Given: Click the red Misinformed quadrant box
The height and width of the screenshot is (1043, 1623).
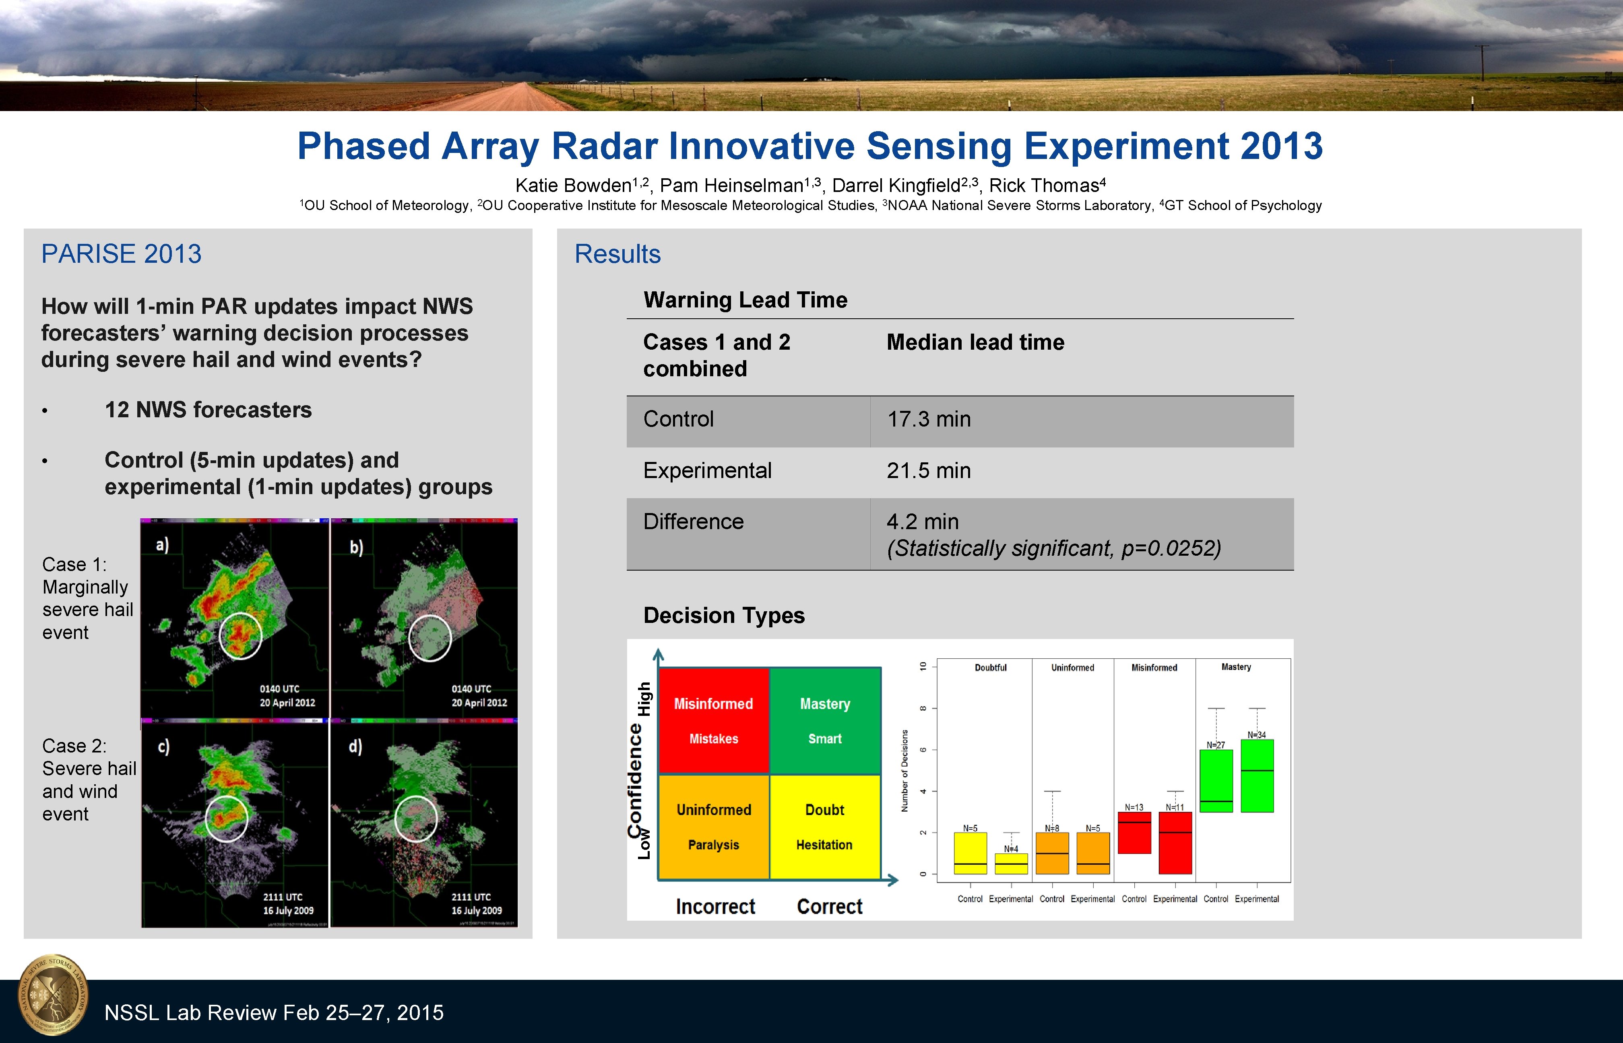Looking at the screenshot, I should (713, 721).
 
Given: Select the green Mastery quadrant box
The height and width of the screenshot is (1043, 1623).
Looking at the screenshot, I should (824, 721).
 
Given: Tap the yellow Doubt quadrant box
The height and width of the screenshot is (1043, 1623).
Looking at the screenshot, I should (824, 826).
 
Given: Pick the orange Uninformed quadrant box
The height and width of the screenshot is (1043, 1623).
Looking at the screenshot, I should (713, 826).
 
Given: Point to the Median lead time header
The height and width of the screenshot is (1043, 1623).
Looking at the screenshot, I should (975, 343).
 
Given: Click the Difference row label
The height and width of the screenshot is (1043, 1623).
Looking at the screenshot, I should (693, 521).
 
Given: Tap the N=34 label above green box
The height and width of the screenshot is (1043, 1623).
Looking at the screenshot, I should (1257, 735).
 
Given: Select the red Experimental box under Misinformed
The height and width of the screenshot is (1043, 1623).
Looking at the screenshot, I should (1175, 843).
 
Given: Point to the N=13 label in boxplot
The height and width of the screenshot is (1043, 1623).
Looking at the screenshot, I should (1134, 807).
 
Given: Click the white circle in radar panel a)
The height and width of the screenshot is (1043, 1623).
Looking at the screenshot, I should (240, 635).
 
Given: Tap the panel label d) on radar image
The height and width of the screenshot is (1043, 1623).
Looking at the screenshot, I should (355, 746).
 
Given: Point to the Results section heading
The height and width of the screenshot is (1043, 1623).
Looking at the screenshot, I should (617, 254).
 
